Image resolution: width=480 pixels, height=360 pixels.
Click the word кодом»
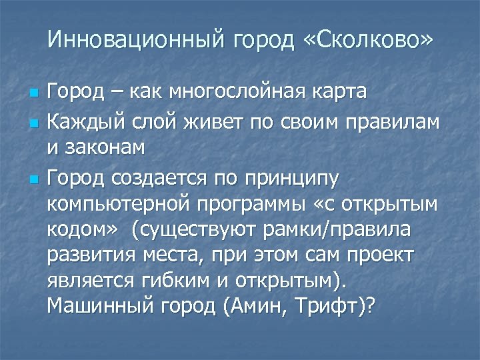83,229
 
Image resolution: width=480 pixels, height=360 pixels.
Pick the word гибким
175,280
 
